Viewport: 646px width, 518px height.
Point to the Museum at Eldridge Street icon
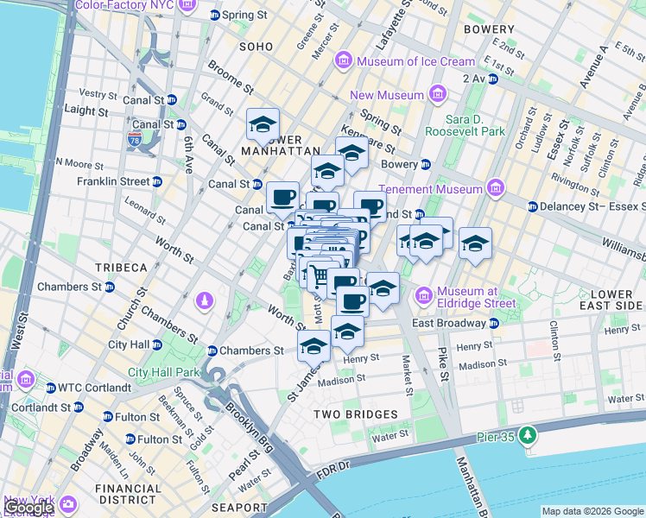(x=424, y=296)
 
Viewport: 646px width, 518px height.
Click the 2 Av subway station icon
(x=492, y=78)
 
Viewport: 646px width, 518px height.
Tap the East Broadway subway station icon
(x=493, y=323)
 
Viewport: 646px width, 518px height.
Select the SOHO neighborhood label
(x=256, y=47)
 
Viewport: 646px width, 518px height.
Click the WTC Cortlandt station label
(x=85, y=388)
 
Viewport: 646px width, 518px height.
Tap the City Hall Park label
(x=164, y=373)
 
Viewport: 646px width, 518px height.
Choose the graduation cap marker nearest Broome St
(x=263, y=125)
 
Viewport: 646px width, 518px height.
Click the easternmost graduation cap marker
(x=475, y=244)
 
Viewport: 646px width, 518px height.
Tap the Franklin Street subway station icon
(x=156, y=181)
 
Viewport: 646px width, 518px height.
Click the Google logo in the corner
(x=28, y=508)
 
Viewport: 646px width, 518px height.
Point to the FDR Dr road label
(x=331, y=467)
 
